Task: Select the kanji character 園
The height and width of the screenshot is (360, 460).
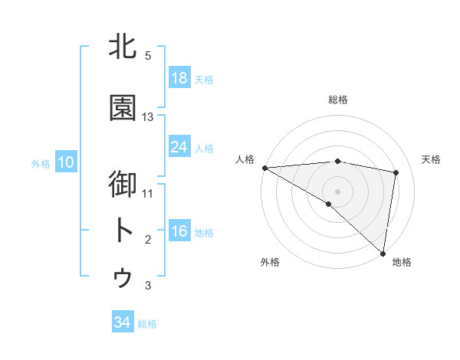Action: point(123,108)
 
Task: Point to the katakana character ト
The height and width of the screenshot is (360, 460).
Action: point(123,231)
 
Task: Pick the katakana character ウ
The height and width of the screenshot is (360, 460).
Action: point(123,278)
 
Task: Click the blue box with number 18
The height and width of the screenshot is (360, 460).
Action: point(179,78)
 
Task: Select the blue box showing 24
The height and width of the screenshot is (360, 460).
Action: point(179,147)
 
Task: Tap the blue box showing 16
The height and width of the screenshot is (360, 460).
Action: point(179,231)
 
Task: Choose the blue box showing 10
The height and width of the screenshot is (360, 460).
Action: point(66,162)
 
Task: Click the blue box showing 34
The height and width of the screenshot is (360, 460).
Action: point(123,322)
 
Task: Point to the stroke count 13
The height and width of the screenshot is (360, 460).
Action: point(148,117)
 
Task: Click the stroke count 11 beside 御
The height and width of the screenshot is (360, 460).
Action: point(148,193)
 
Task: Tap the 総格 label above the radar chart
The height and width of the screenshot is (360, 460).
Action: point(337,100)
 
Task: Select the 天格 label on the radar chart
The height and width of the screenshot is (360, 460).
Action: point(432,159)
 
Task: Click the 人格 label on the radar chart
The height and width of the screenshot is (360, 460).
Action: point(245,159)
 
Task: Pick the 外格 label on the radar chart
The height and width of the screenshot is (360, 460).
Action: point(269,262)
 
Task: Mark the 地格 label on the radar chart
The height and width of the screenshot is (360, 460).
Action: point(402,262)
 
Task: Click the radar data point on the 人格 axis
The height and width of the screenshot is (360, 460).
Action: point(264,167)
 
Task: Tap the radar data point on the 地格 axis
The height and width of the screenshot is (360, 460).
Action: point(382,252)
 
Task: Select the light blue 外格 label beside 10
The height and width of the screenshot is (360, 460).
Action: point(40,163)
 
